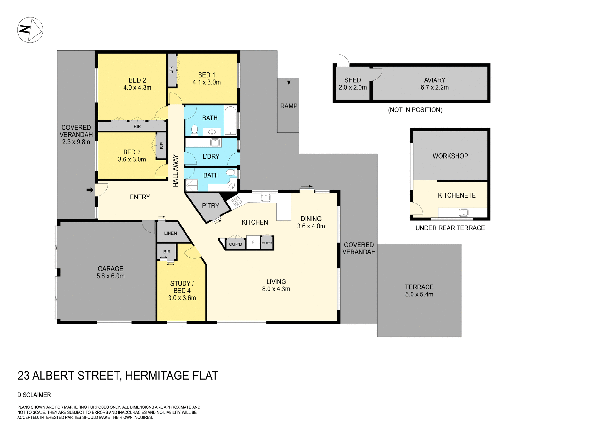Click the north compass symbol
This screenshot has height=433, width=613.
(x=30, y=30)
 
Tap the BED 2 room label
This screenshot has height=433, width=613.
(x=137, y=84)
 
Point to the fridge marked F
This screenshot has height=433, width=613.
(x=253, y=243)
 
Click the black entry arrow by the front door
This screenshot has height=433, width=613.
(x=90, y=190)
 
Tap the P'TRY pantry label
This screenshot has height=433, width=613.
(x=210, y=206)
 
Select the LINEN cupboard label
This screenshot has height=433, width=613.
(x=170, y=233)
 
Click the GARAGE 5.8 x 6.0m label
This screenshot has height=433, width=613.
(x=110, y=272)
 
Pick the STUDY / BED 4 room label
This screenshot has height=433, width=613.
(x=182, y=291)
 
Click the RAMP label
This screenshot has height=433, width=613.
(x=289, y=106)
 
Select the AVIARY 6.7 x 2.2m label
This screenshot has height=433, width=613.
(x=435, y=84)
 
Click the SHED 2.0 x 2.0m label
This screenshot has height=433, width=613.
(x=352, y=84)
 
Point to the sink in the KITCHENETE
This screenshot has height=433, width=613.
(x=464, y=213)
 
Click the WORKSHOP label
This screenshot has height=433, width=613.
(x=450, y=156)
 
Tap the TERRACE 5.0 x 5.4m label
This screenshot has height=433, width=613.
(x=419, y=291)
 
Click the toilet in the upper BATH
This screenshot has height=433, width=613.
(x=194, y=130)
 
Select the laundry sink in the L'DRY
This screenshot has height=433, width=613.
(x=215, y=142)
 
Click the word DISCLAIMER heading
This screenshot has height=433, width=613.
(x=34, y=395)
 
